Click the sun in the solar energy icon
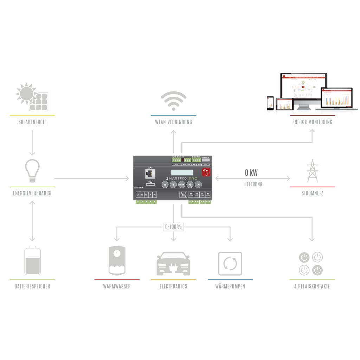(x=26, y=93)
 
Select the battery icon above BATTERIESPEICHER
(x=32, y=261)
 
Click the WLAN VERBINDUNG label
(x=174, y=122)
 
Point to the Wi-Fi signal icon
(x=174, y=101)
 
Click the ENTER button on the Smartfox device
(x=181, y=185)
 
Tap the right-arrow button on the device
(x=198, y=185)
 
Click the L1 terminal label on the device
(x=137, y=194)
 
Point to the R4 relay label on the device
(x=208, y=194)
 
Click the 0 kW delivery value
(x=251, y=173)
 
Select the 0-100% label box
(x=173, y=227)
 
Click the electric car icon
(x=173, y=264)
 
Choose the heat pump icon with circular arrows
(x=230, y=263)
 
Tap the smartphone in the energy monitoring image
(x=270, y=103)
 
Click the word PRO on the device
(x=192, y=179)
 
